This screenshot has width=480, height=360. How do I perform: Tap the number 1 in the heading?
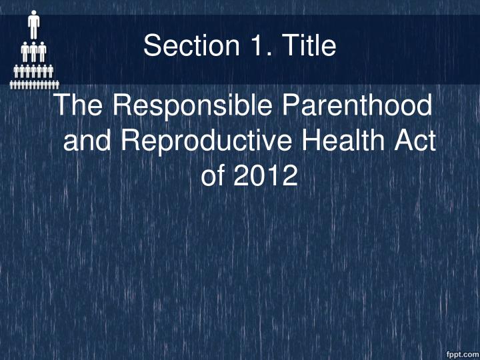(x=251, y=46)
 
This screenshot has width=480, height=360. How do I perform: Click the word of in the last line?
(x=213, y=176)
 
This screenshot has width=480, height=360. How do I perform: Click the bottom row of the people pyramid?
(x=33, y=85)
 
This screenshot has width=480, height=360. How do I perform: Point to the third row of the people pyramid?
(x=33, y=71)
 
